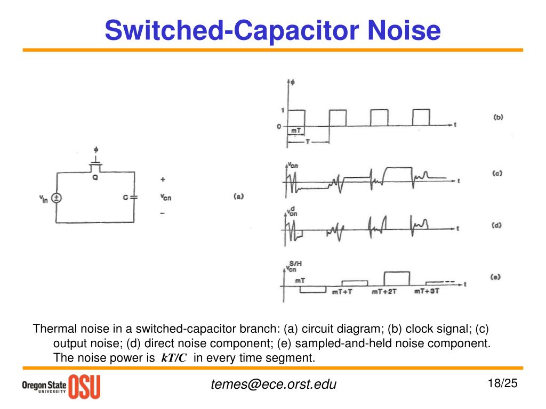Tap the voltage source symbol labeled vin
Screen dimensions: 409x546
[x=57, y=198]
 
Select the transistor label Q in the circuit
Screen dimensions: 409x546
[x=95, y=178]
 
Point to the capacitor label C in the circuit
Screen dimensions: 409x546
[x=125, y=198]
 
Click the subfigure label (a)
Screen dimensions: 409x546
[x=238, y=196]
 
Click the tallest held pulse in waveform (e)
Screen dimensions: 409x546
[x=397, y=279]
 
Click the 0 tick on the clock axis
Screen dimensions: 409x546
[x=279, y=126]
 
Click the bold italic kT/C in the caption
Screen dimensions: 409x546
[x=173, y=358]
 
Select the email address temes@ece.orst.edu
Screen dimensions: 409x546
[x=274, y=384]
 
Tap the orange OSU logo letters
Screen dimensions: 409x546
[x=84, y=386]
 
